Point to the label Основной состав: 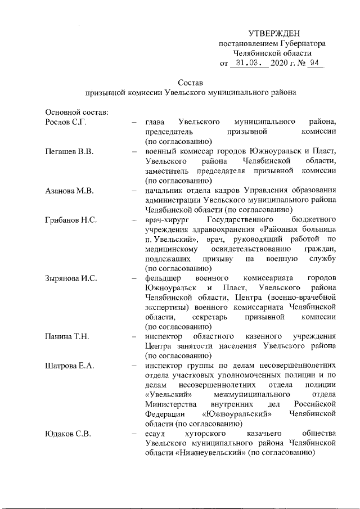point(73,112)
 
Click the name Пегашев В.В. point(68,151)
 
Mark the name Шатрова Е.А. point(69,366)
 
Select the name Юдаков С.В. point(67,434)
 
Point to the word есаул point(155,434)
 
